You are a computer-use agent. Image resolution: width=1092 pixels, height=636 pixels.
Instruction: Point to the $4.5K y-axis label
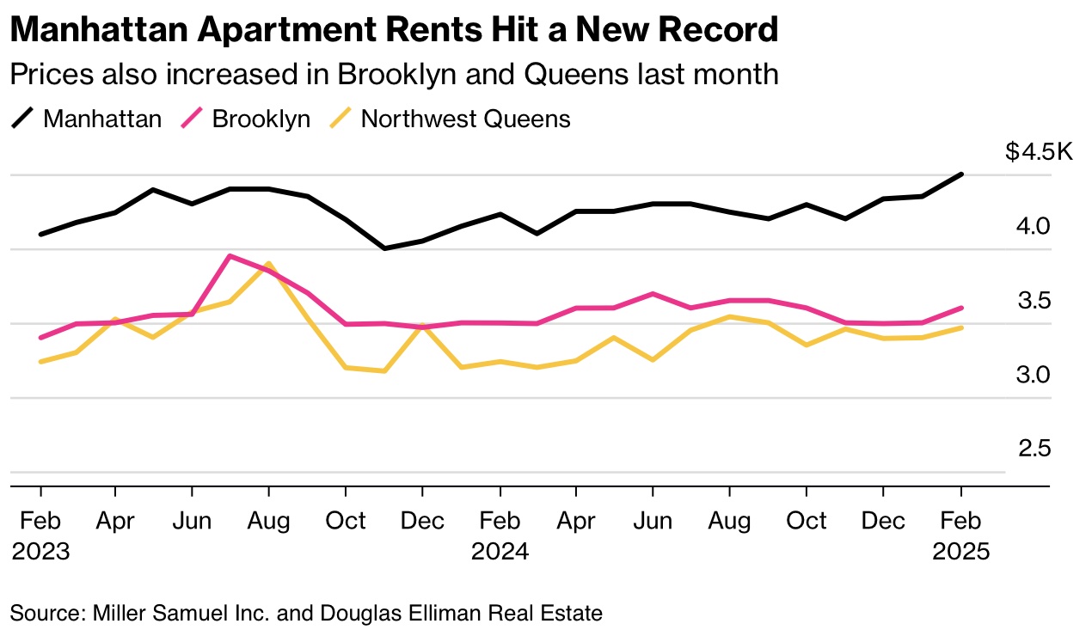(1040, 152)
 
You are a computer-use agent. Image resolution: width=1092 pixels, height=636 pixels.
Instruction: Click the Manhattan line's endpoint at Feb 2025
(961, 174)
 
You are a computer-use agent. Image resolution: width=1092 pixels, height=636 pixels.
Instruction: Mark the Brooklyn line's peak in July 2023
(230, 256)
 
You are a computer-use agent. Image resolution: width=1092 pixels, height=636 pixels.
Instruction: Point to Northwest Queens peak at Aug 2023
(269, 264)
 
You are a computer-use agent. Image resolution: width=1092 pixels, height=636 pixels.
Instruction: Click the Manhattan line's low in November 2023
(384, 248)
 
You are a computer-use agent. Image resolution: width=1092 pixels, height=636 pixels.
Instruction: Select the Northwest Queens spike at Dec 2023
(422, 326)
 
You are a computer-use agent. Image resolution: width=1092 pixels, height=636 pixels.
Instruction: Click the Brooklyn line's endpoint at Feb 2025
(961, 308)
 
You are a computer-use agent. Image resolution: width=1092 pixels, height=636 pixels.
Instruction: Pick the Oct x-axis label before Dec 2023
(346, 521)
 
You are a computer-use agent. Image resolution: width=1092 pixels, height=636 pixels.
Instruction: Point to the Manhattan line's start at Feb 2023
(40, 234)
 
